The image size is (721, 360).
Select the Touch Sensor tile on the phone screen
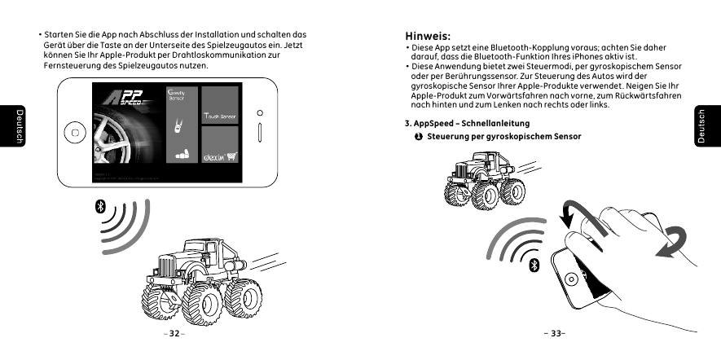(x=220, y=118)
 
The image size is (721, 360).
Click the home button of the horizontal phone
(x=75, y=131)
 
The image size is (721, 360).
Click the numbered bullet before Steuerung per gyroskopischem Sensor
(x=418, y=135)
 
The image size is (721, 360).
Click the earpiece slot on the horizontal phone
(x=260, y=132)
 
